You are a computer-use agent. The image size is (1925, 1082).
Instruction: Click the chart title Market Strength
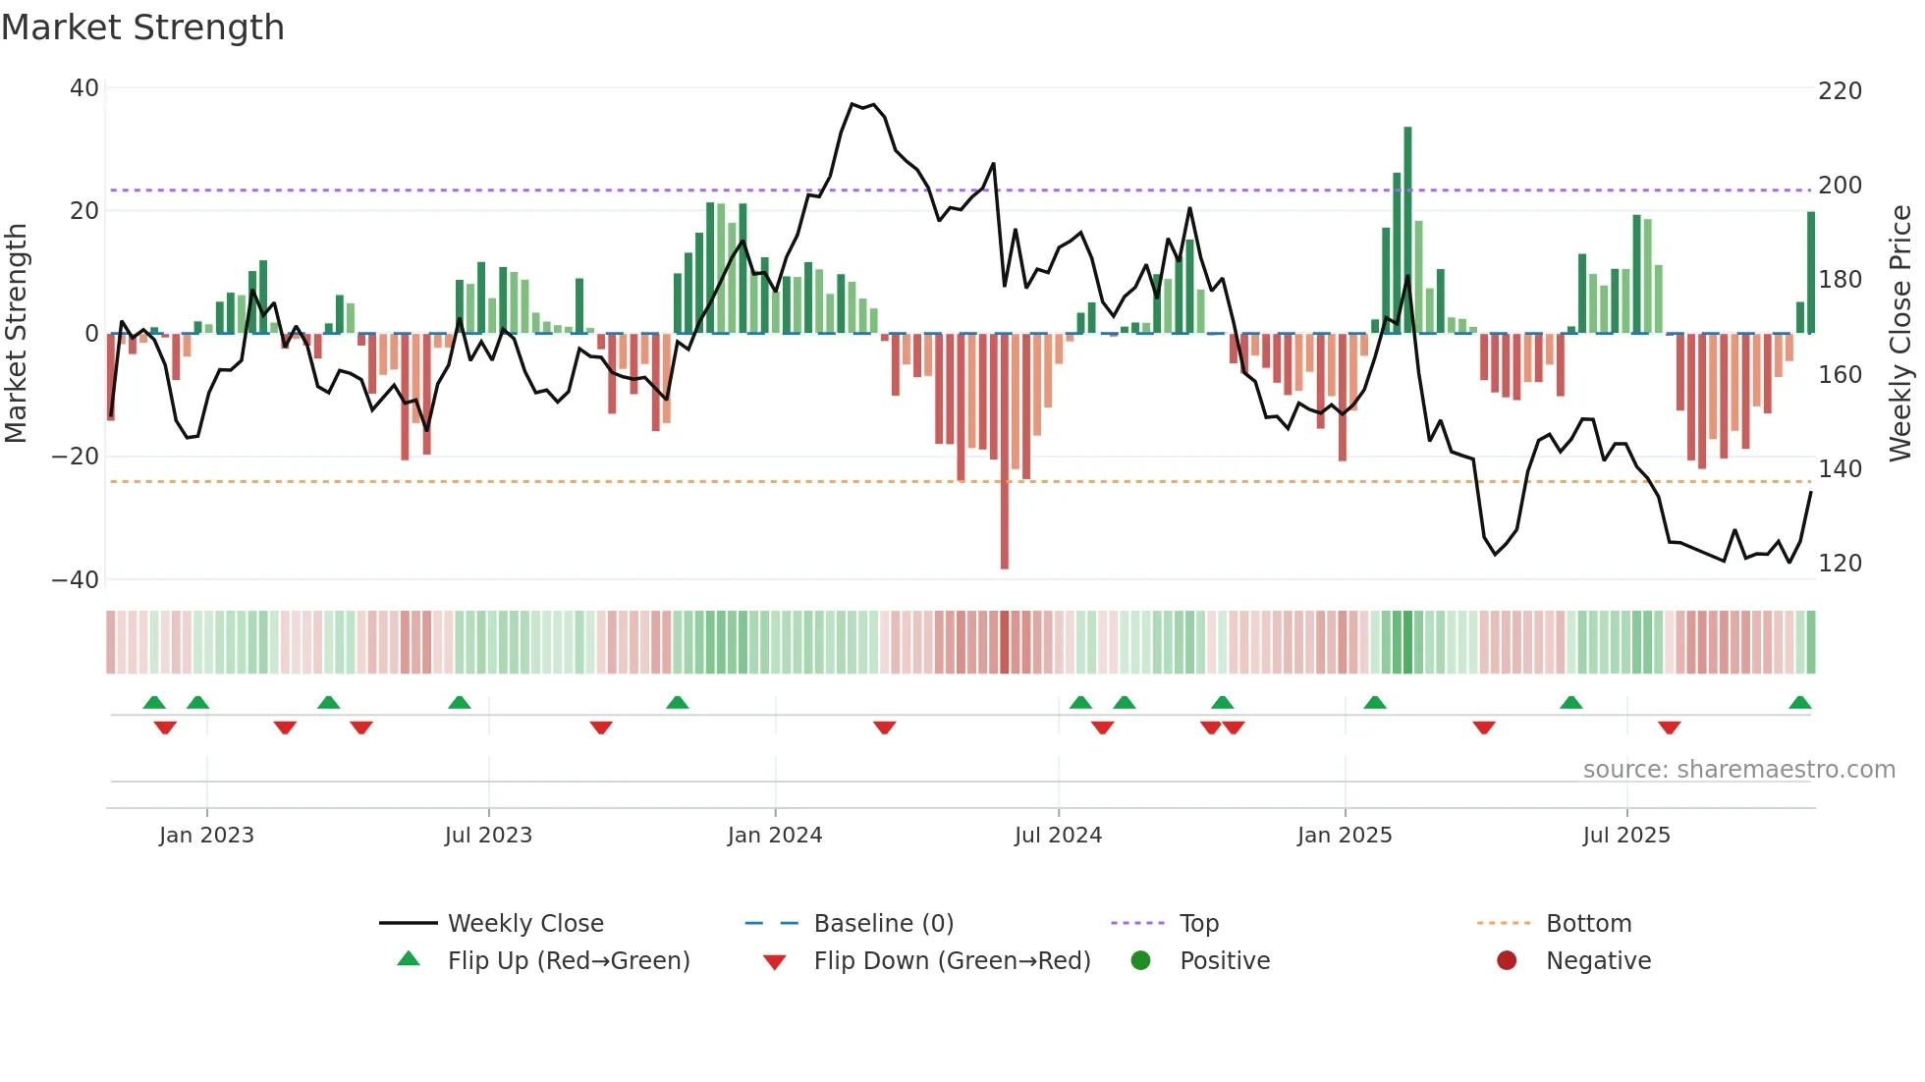pyautogui.click(x=142, y=27)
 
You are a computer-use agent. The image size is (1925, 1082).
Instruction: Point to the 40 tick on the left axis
pyautogui.click(x=84, y=88)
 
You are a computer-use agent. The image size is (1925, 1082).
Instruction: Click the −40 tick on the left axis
pyautogui.click(x=76, y=579)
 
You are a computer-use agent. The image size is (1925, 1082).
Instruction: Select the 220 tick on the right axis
pyautogui.click(x=1840, y=91)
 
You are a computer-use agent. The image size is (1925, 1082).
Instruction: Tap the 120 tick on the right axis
pyautogui.click(x=1840, y=564)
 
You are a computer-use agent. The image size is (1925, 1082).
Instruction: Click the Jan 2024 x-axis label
pyautogui.click(x=774, y=836)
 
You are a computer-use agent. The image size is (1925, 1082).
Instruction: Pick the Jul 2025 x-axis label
pyautogui.click(x=1625, y=836)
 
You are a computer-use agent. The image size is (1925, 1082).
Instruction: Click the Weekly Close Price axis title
pyautogui.click(x=1901, y=334)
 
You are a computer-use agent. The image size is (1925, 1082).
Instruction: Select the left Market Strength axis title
pyautogui.click(x=16, y=334)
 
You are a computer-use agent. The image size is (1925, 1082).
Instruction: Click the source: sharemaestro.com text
pyautogui.click(x=1738, y=770)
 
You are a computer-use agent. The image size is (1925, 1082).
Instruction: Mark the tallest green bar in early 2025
pyautogui.click(x=1407, y=231)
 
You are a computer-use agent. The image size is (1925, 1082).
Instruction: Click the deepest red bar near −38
pyautogui.click(x=1004, y=452)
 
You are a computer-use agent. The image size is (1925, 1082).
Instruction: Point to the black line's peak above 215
pyautogui.click(x=852, y=104)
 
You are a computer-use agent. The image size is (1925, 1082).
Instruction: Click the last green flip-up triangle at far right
pyautogui.click(x=1799, y=703)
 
